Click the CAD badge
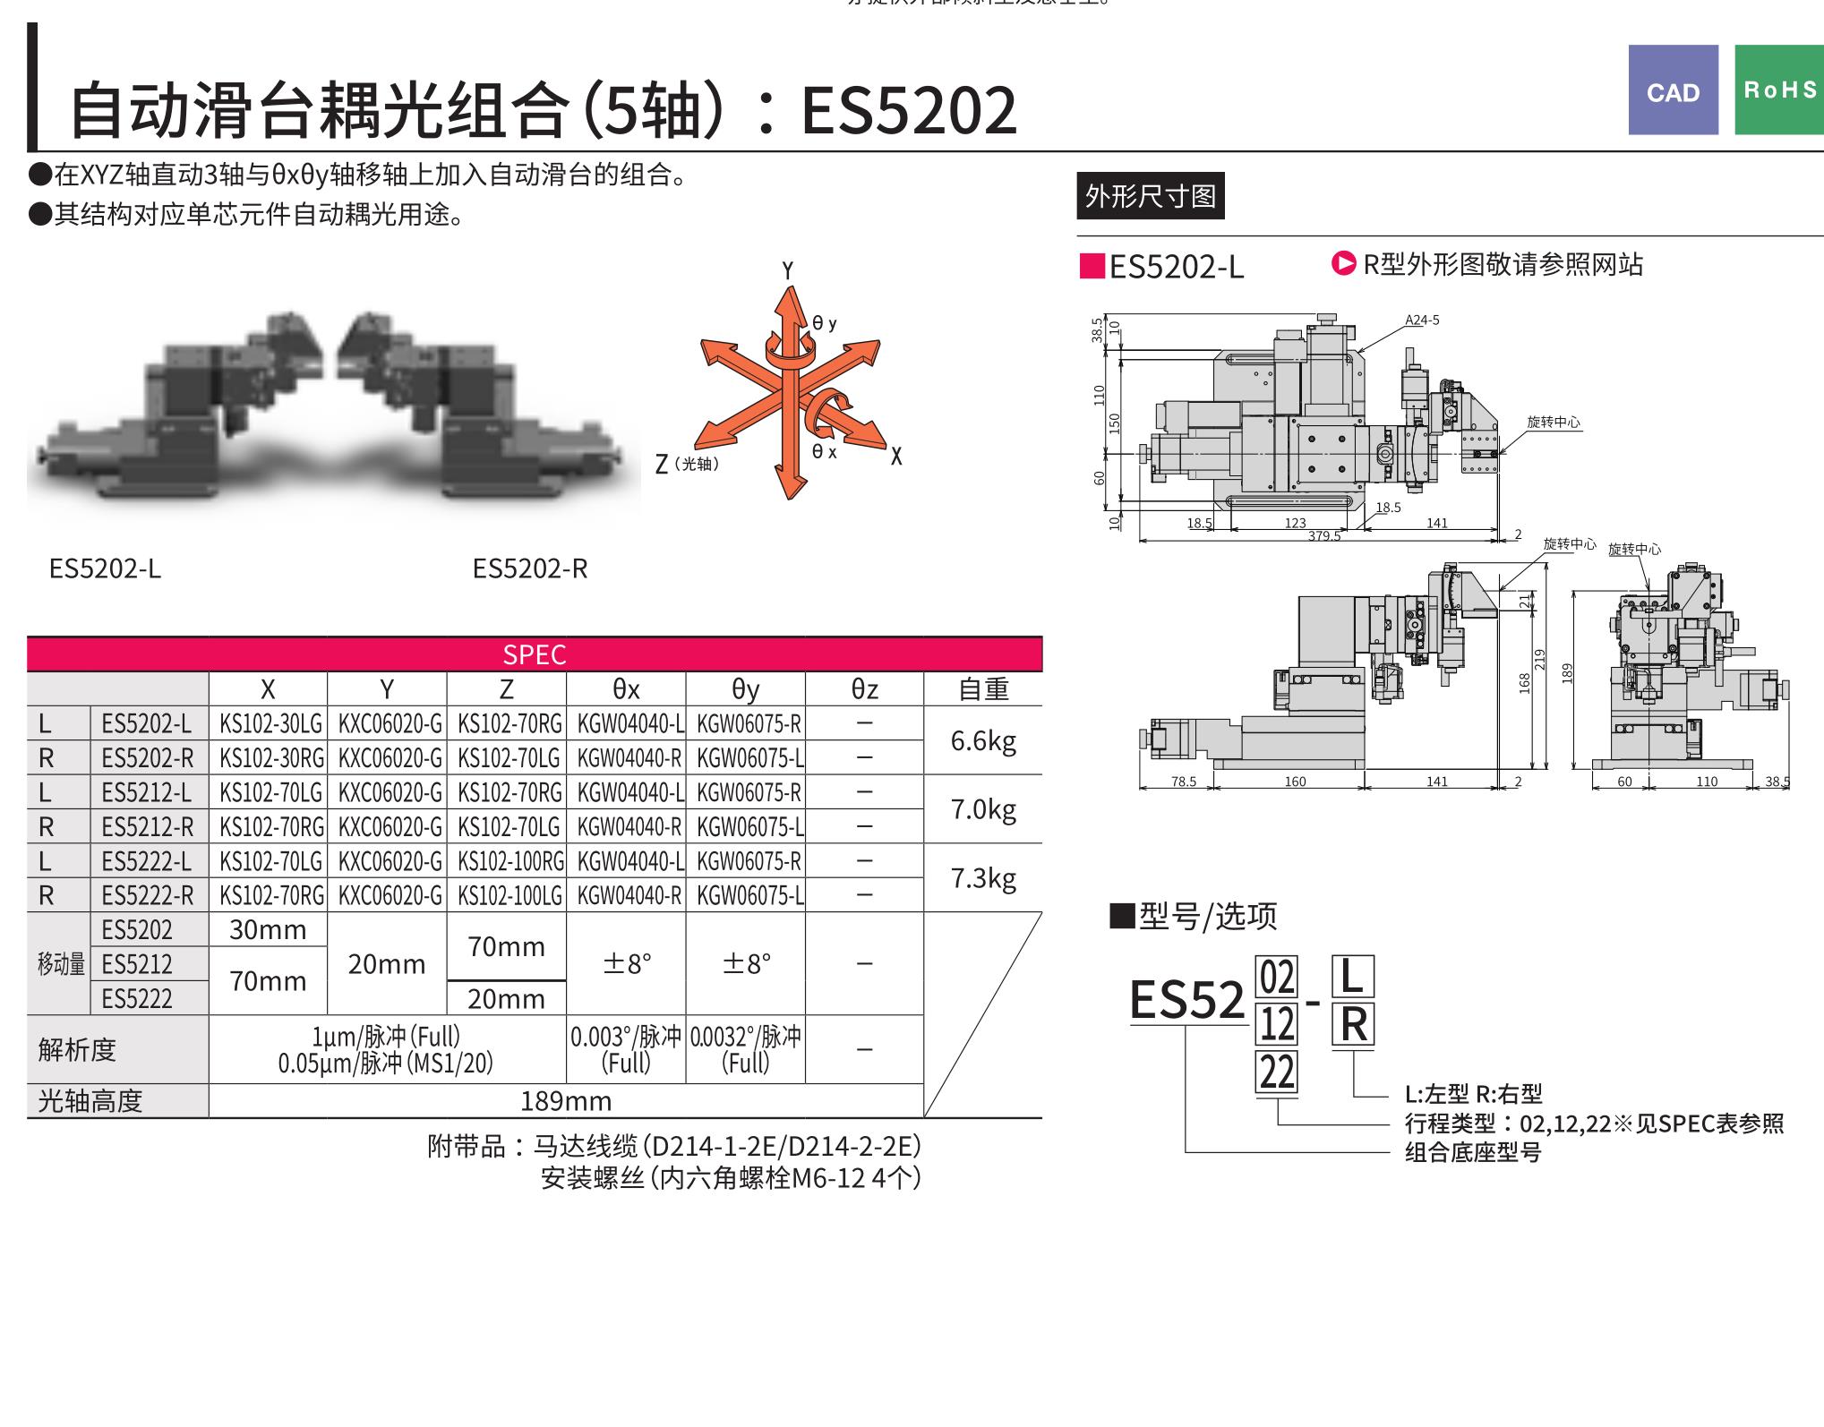tap(1673, 90)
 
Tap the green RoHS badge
tap(1778, 90)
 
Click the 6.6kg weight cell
tap(982, 741)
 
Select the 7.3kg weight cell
tap(982, 878)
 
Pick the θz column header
tap(864, 689)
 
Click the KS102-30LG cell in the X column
tap(269, 724)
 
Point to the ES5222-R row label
tap(148, 895)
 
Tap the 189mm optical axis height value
tap(566, 1101)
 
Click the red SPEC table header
tap(535, 654)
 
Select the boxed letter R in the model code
tap(1352, 1025)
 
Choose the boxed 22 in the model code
tap(1277, 1072)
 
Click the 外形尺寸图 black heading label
tap(1151, 196)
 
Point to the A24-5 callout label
tap(1422, 320)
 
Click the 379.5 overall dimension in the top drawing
tap(1324, 536)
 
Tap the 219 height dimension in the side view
tap(1540, 660)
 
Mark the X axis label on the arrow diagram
tap(896, 457)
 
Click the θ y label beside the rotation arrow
tap(825, 323)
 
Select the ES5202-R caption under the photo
tap(530, 569)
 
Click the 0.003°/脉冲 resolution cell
tap(626, 1049)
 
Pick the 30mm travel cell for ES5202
tap(268, 930)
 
